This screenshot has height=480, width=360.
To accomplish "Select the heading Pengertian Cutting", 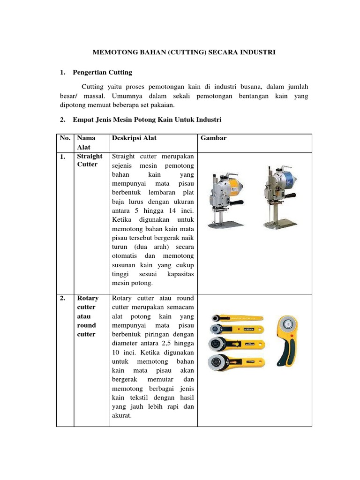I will [103, 72].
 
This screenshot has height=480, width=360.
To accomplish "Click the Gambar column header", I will [213, 138].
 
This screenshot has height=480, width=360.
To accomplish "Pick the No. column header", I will [65, 138].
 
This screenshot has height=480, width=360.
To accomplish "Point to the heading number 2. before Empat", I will [63, 120].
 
